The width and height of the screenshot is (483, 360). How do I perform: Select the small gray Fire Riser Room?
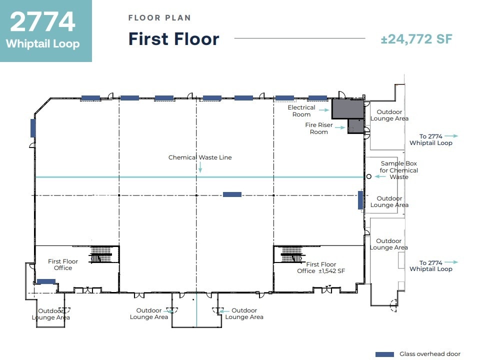(x=356, y=126)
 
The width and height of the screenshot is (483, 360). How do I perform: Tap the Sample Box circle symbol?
(x=368, y=176)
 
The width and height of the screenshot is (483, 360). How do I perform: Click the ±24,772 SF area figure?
(x=416, y=39)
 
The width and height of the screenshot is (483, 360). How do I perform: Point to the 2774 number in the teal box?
(x=42, y=21)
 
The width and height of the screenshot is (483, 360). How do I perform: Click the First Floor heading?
(x=173, y=39)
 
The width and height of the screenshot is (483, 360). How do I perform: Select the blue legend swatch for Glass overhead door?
(x=384, y=354)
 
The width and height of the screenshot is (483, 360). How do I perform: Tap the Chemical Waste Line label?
(x=200, y=157)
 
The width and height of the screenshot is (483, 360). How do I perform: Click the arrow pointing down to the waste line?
(x=200, y=167)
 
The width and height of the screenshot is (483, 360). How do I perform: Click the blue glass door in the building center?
(x=232, y=194)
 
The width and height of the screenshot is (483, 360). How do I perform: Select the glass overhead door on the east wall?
(x=360, y=200)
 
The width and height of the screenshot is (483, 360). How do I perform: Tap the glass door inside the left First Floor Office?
(x=46, y=281)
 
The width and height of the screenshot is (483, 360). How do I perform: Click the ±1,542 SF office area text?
(x=332, y=271)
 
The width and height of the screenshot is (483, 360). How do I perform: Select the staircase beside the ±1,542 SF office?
(x=291, y=254)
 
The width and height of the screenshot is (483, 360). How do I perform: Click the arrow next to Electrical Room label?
(x=323, y=110)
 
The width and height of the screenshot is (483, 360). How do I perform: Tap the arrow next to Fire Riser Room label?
(x=340, y=127)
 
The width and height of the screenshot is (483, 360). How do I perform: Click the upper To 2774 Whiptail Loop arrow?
(x=451, y=136)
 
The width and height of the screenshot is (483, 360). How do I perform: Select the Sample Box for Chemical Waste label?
(x=399, y=170)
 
